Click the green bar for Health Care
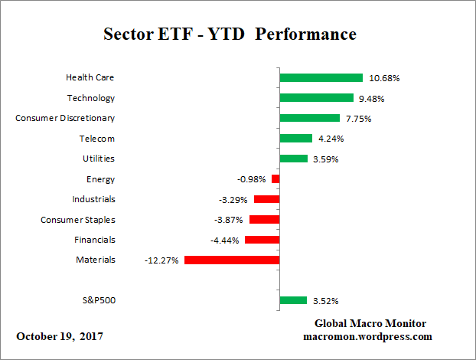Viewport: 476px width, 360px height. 321,77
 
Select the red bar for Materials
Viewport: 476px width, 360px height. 232,260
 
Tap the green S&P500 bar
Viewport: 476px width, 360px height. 293,300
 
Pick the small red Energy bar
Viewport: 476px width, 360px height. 275,178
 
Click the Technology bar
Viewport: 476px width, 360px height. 316,98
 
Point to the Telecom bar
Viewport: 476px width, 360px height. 295,139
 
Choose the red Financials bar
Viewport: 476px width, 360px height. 262,240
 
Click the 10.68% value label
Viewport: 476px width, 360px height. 384,78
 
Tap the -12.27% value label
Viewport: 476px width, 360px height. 161,260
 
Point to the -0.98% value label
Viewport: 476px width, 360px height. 251,179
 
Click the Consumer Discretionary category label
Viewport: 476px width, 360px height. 65,118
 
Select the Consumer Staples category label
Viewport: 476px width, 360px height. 78,220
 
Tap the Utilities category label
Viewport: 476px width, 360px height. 99,159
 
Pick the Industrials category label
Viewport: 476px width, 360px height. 94,199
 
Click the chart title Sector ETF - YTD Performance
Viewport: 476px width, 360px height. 230,35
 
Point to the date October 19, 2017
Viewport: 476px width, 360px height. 60,336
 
